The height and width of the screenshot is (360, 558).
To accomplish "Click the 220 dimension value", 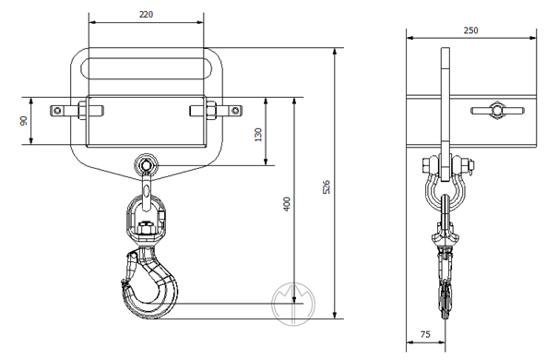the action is point(146,14).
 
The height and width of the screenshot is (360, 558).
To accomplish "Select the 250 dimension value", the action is point(470,30).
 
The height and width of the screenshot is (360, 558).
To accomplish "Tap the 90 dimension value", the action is point(24,121).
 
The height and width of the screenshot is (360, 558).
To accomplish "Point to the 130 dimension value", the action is point(258,135).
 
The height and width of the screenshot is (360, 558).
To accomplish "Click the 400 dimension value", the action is point(287,204).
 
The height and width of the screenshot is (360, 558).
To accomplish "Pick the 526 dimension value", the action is point(326,187).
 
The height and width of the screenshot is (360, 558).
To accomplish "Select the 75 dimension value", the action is point(425,334).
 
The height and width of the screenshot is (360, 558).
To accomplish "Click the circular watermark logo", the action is point(293,304).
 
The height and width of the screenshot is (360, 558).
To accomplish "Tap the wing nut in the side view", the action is point(497,111).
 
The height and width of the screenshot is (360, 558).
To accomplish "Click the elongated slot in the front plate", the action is point(147,68).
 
